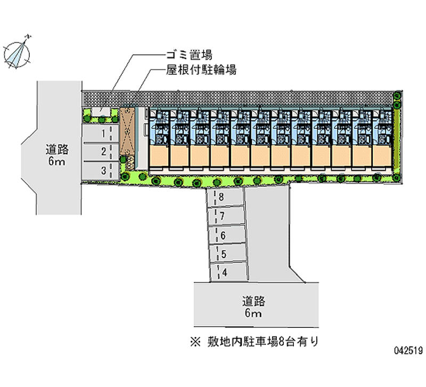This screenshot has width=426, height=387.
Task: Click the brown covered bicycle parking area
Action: [127, 133]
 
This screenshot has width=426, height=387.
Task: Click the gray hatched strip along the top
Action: [240, 98]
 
